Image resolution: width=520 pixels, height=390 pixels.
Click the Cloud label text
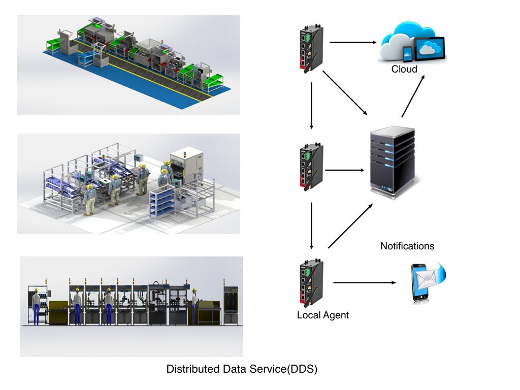pyautogui.click(x=404, y=69)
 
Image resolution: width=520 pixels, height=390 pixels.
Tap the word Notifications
pyautogui.click(x=407, y=246)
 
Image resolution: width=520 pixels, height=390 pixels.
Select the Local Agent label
pyautogui.click(x=323, y=315)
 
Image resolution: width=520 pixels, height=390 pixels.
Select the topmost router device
pyautogui.click(x=307, y=49)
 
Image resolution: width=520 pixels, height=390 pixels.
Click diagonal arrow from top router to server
pyautogui.click(x=345, y=93)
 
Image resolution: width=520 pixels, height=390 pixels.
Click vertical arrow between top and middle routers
pyautogui.click(x=311, y=106)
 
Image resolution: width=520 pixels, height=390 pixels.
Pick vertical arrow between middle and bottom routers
pyautogui.click(x=311, y=226)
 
